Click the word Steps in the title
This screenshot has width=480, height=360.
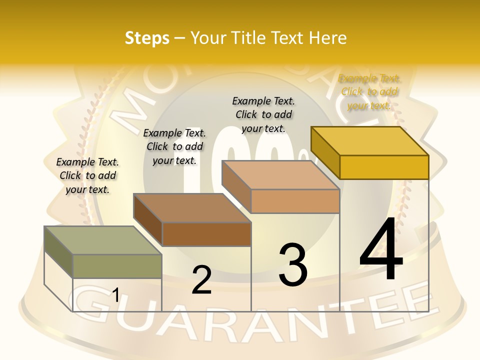pyautogui.click(x=146, y=38)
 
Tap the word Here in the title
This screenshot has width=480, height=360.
pyautogui.click(x=329, y=38)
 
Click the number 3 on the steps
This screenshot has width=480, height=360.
pyautogui.click(x=292, y=265)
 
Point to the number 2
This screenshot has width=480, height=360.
pyautogui.click(x=201, y=280)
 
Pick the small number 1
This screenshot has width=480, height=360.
pyautogui.click(x=115, y=295)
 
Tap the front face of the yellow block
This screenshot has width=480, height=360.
pyautogui.click(x=384, y=167)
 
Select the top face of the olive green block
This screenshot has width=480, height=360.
pyautogui.click(x=102, y=240)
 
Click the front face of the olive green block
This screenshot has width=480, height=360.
pyautogui.click(x=117, y=266)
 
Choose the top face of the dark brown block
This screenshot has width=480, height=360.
pyautogui.click(x=192, y=207)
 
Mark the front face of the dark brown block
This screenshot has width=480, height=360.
pyautogui.click(x=206, y=234)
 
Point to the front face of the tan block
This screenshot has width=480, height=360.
pyautogui.click(x=295, y=201)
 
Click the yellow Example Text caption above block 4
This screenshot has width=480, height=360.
pyautogui.click(x=369, y=91)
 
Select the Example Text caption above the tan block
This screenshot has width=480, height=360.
pyautogui.click(x=263, y=114)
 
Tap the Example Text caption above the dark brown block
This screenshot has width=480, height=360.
pyautogui.click(x=174, y=146)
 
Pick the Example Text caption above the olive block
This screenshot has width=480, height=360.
pyautogui.click(x=87, y=175)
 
